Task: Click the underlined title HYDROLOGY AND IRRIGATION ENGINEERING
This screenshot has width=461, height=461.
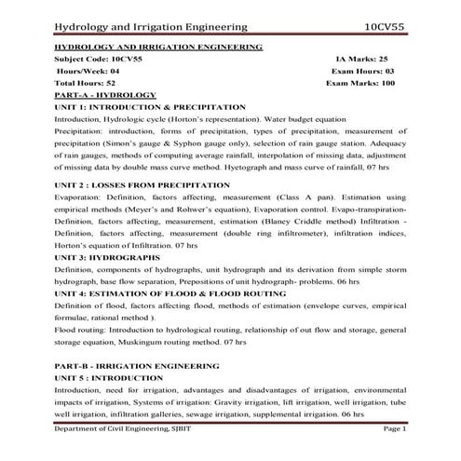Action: click(x=158, y=45)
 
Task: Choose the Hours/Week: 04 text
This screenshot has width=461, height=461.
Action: click(x=88, y=70)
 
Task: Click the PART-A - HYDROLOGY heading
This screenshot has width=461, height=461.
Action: click(x=105, y=95)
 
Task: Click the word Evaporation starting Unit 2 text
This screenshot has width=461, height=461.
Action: click(x=80, y=197)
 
